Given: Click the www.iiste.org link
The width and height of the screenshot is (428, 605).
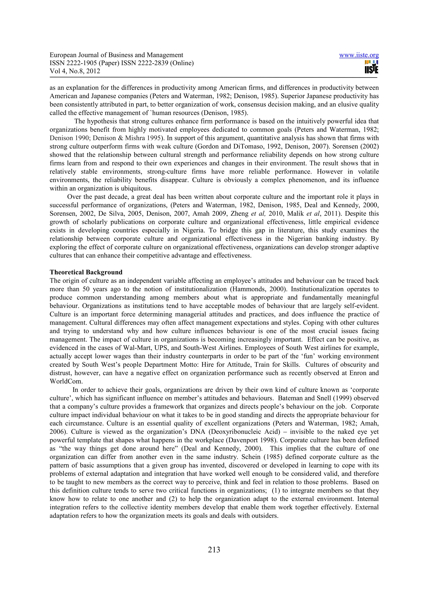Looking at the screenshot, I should [x=359, y=55].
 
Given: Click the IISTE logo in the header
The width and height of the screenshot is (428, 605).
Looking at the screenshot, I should [x=371, y=67].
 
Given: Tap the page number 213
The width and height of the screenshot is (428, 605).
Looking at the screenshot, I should [x=214, y=550].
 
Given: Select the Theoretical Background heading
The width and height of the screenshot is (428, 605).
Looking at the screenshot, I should [x=86, y=272].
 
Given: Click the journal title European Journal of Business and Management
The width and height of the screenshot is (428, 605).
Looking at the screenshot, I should [x=116, y=55].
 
